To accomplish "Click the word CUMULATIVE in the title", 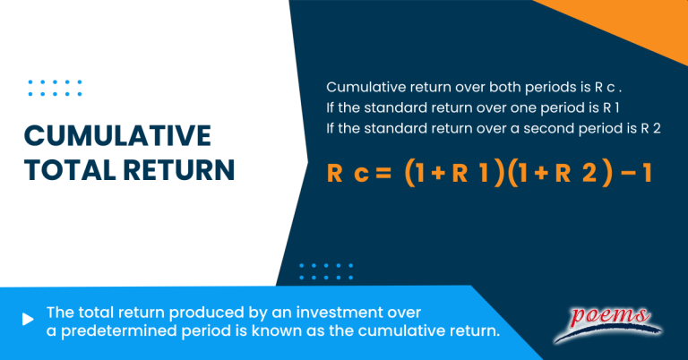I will (117, 136).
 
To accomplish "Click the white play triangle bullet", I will (29, 317).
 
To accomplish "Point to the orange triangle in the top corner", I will (645, 22).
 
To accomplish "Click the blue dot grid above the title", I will (55, 87).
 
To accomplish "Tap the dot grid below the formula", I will (326, 271).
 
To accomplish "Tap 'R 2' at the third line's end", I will (650, 128).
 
